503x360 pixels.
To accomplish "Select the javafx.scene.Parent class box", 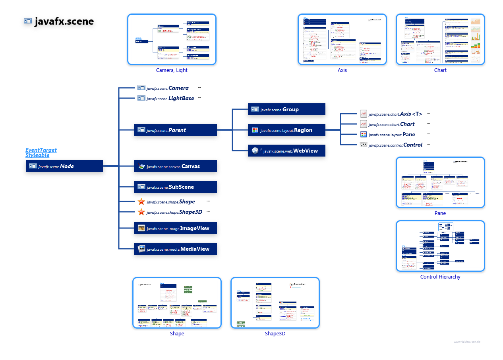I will point(175,130).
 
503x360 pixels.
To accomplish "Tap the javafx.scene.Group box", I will point(286,109).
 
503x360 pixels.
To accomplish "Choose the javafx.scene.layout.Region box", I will point(286,130).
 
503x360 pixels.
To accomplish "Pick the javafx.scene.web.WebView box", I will point(286,151).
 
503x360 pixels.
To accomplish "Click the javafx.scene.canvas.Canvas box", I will point(175,166).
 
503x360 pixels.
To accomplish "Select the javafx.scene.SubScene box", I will point(175,187).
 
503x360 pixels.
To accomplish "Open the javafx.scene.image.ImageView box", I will point(175,228).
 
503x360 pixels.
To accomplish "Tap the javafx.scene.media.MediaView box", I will point(175,249).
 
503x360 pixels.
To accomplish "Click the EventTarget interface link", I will point(41,150).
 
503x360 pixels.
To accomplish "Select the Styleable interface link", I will point(37,155).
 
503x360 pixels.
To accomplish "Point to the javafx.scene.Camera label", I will point(167,88).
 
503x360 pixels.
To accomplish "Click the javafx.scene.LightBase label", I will point(170,98).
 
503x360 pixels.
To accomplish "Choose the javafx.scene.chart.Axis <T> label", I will point(395,114).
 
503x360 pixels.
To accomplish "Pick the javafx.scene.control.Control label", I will point(395,145).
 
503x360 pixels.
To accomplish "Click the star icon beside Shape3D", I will point(141,212).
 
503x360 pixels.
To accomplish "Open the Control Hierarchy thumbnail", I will point(440,246).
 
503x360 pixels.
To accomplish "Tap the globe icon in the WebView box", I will point(255,151).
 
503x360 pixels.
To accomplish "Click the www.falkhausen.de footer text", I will point(467,342).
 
